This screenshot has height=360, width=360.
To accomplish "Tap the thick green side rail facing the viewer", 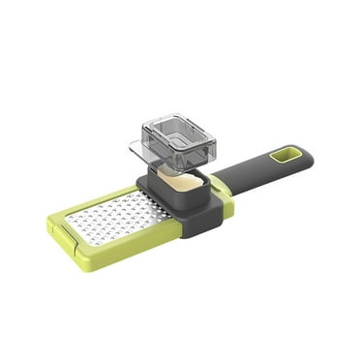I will click(x=126, y=248).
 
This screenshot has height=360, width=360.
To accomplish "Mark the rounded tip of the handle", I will click(x=307, y=152).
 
